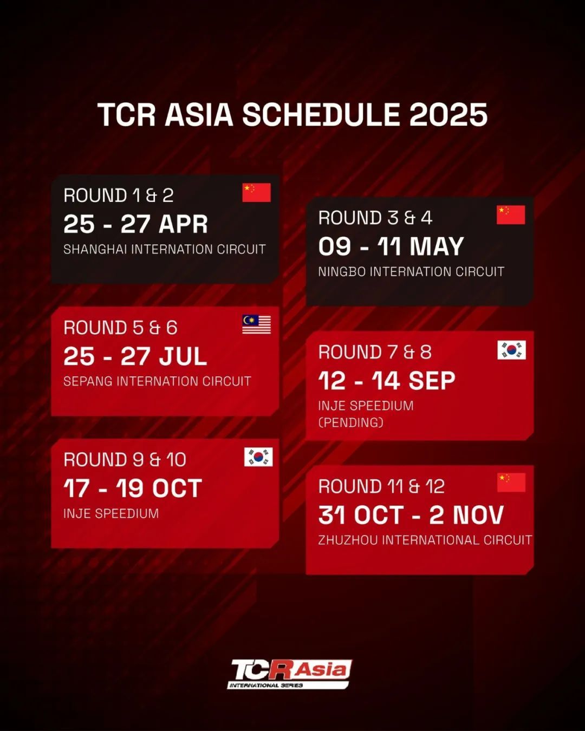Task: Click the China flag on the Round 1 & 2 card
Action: pos(256,193)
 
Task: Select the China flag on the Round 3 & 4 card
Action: pos(511,214)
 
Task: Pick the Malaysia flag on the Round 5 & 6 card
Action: pos(256,324)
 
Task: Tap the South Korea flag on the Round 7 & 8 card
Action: pos(511,350)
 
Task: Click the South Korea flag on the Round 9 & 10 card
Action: pos(258,457)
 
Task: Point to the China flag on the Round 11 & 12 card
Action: pos(511,482)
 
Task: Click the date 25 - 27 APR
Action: pos(135,224)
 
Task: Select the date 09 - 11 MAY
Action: pos(391,246)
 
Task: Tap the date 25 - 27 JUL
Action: pos(135,356)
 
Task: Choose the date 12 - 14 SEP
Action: pos(387,381)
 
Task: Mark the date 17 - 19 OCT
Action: pos(133,488)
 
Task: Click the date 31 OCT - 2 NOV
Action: pos(411,514)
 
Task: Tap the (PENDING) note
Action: pos(351,422)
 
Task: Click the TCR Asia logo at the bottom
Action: pos(290,674)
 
